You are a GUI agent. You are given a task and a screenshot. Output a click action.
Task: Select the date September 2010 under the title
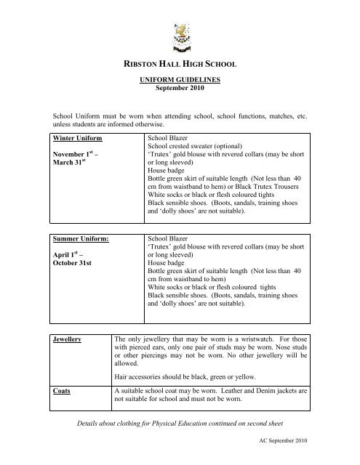[x=180, y=94]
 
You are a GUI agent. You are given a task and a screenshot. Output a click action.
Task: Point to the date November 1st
[x=78, y=155]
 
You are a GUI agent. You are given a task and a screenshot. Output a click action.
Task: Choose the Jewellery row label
[x=67, y=339]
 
